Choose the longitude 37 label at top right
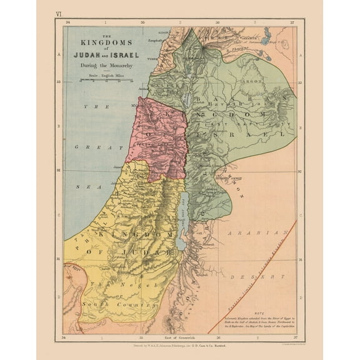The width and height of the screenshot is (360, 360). pos(292,22)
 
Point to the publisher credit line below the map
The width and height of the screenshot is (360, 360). pos(179,344)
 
